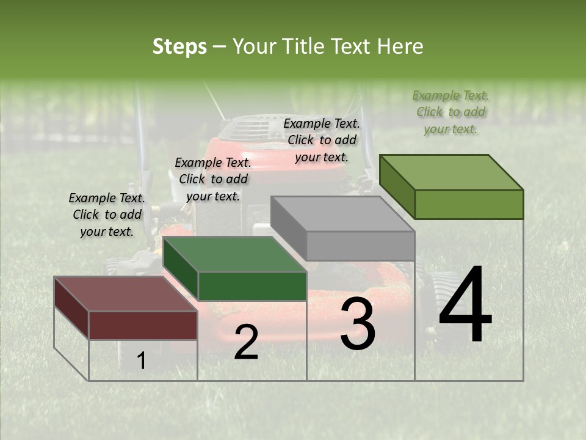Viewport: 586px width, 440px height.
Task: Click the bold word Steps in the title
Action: coord(179,46)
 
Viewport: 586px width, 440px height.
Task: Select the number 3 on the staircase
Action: coord(358,324)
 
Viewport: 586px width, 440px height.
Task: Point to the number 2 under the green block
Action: coord(246,342)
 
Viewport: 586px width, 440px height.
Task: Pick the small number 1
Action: coord(142,361)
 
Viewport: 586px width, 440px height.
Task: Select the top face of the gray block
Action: coord(342,214)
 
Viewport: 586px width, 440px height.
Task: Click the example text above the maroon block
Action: coord(107,215)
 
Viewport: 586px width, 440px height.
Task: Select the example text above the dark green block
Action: coord(213,179)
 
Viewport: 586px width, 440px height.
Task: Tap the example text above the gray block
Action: coord(322,140)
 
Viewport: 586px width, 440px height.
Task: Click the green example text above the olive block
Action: coord(450,112)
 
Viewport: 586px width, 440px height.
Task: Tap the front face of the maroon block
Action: coord(143,324)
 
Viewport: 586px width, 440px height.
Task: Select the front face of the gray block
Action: coord(360,246)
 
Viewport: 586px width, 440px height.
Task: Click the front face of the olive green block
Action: coord(469,204)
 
